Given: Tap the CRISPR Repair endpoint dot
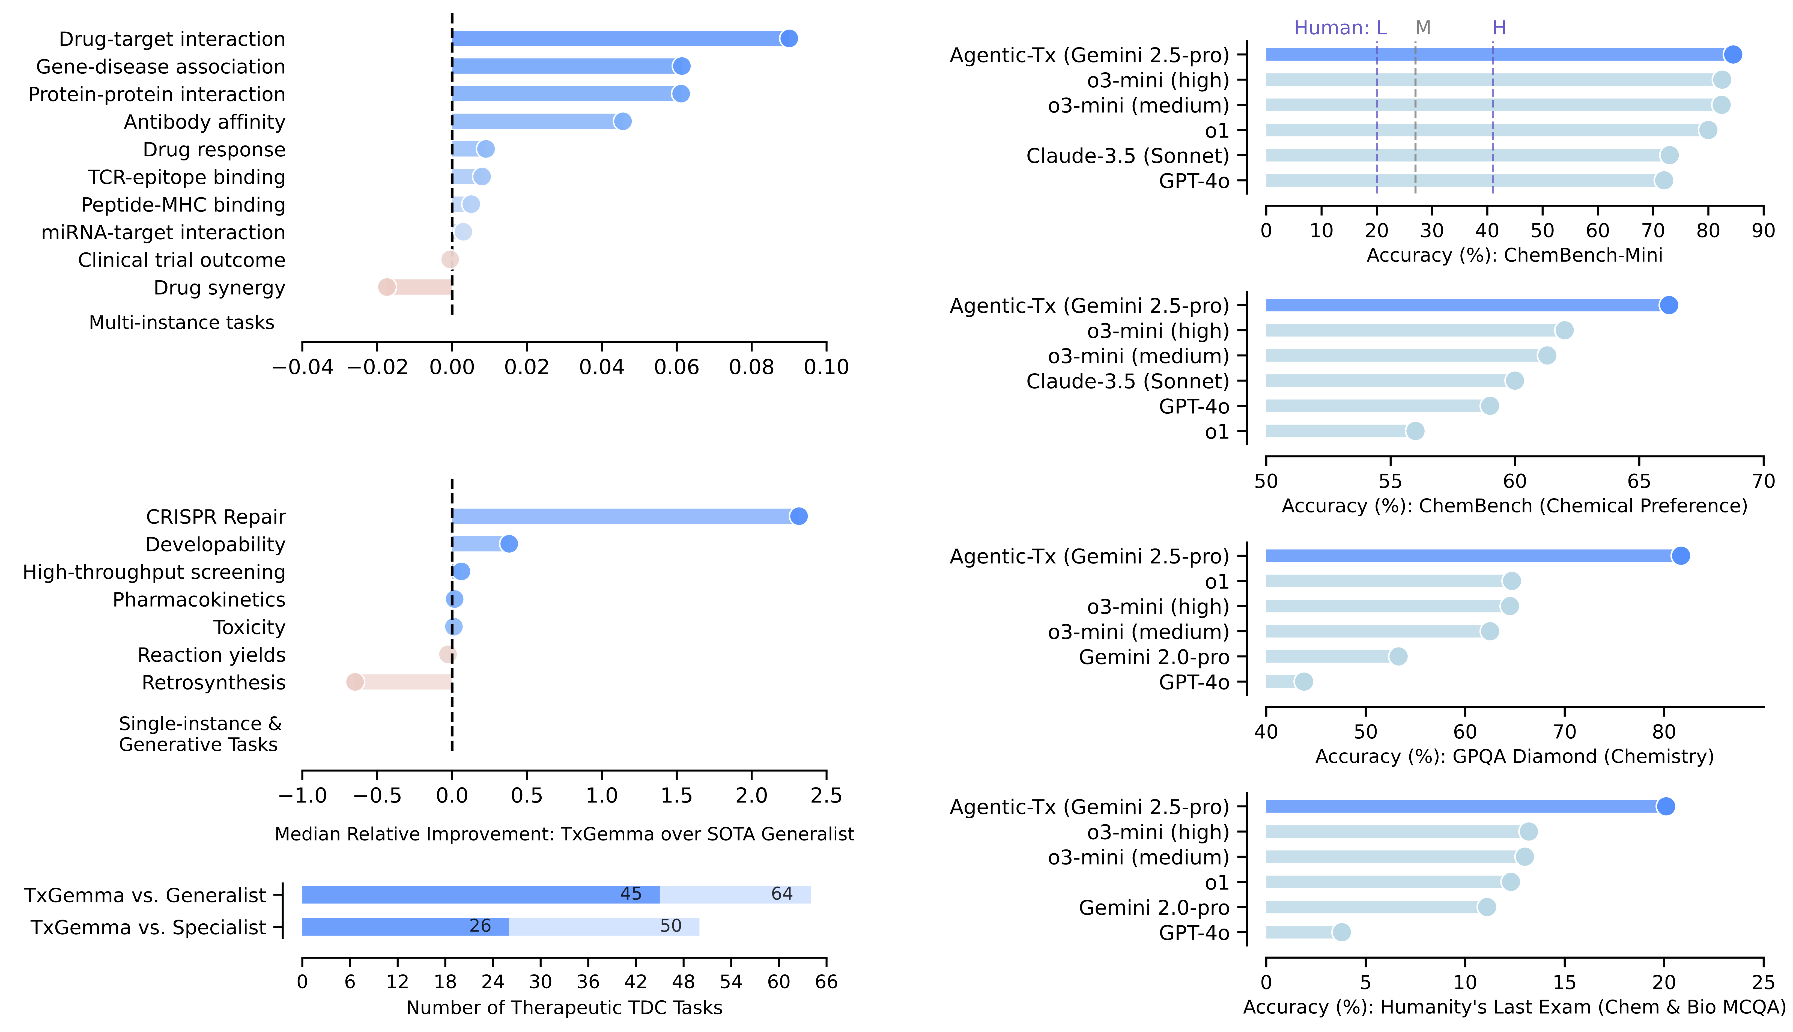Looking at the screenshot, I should [x=799, y=516].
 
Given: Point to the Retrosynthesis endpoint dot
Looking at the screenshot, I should [x=355, y=682].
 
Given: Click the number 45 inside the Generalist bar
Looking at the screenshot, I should [x=631, y=894].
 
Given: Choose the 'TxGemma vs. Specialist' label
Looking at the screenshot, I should [x=148, y=927].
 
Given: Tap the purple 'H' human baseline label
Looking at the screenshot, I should [x=1499, y=28].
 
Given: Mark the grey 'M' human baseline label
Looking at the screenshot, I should [x=1422, y=28].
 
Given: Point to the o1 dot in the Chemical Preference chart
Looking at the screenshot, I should [x=1415, y=431].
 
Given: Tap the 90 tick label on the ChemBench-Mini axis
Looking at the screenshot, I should [x=1762, y=230].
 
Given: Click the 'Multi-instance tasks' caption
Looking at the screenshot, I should [x=181, y=323].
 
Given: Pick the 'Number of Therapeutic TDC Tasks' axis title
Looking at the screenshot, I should [x=564, y=1007].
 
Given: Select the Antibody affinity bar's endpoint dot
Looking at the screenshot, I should [x=622, y=121].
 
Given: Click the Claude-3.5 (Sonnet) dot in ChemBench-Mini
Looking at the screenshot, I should [x=1669, y=155].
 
